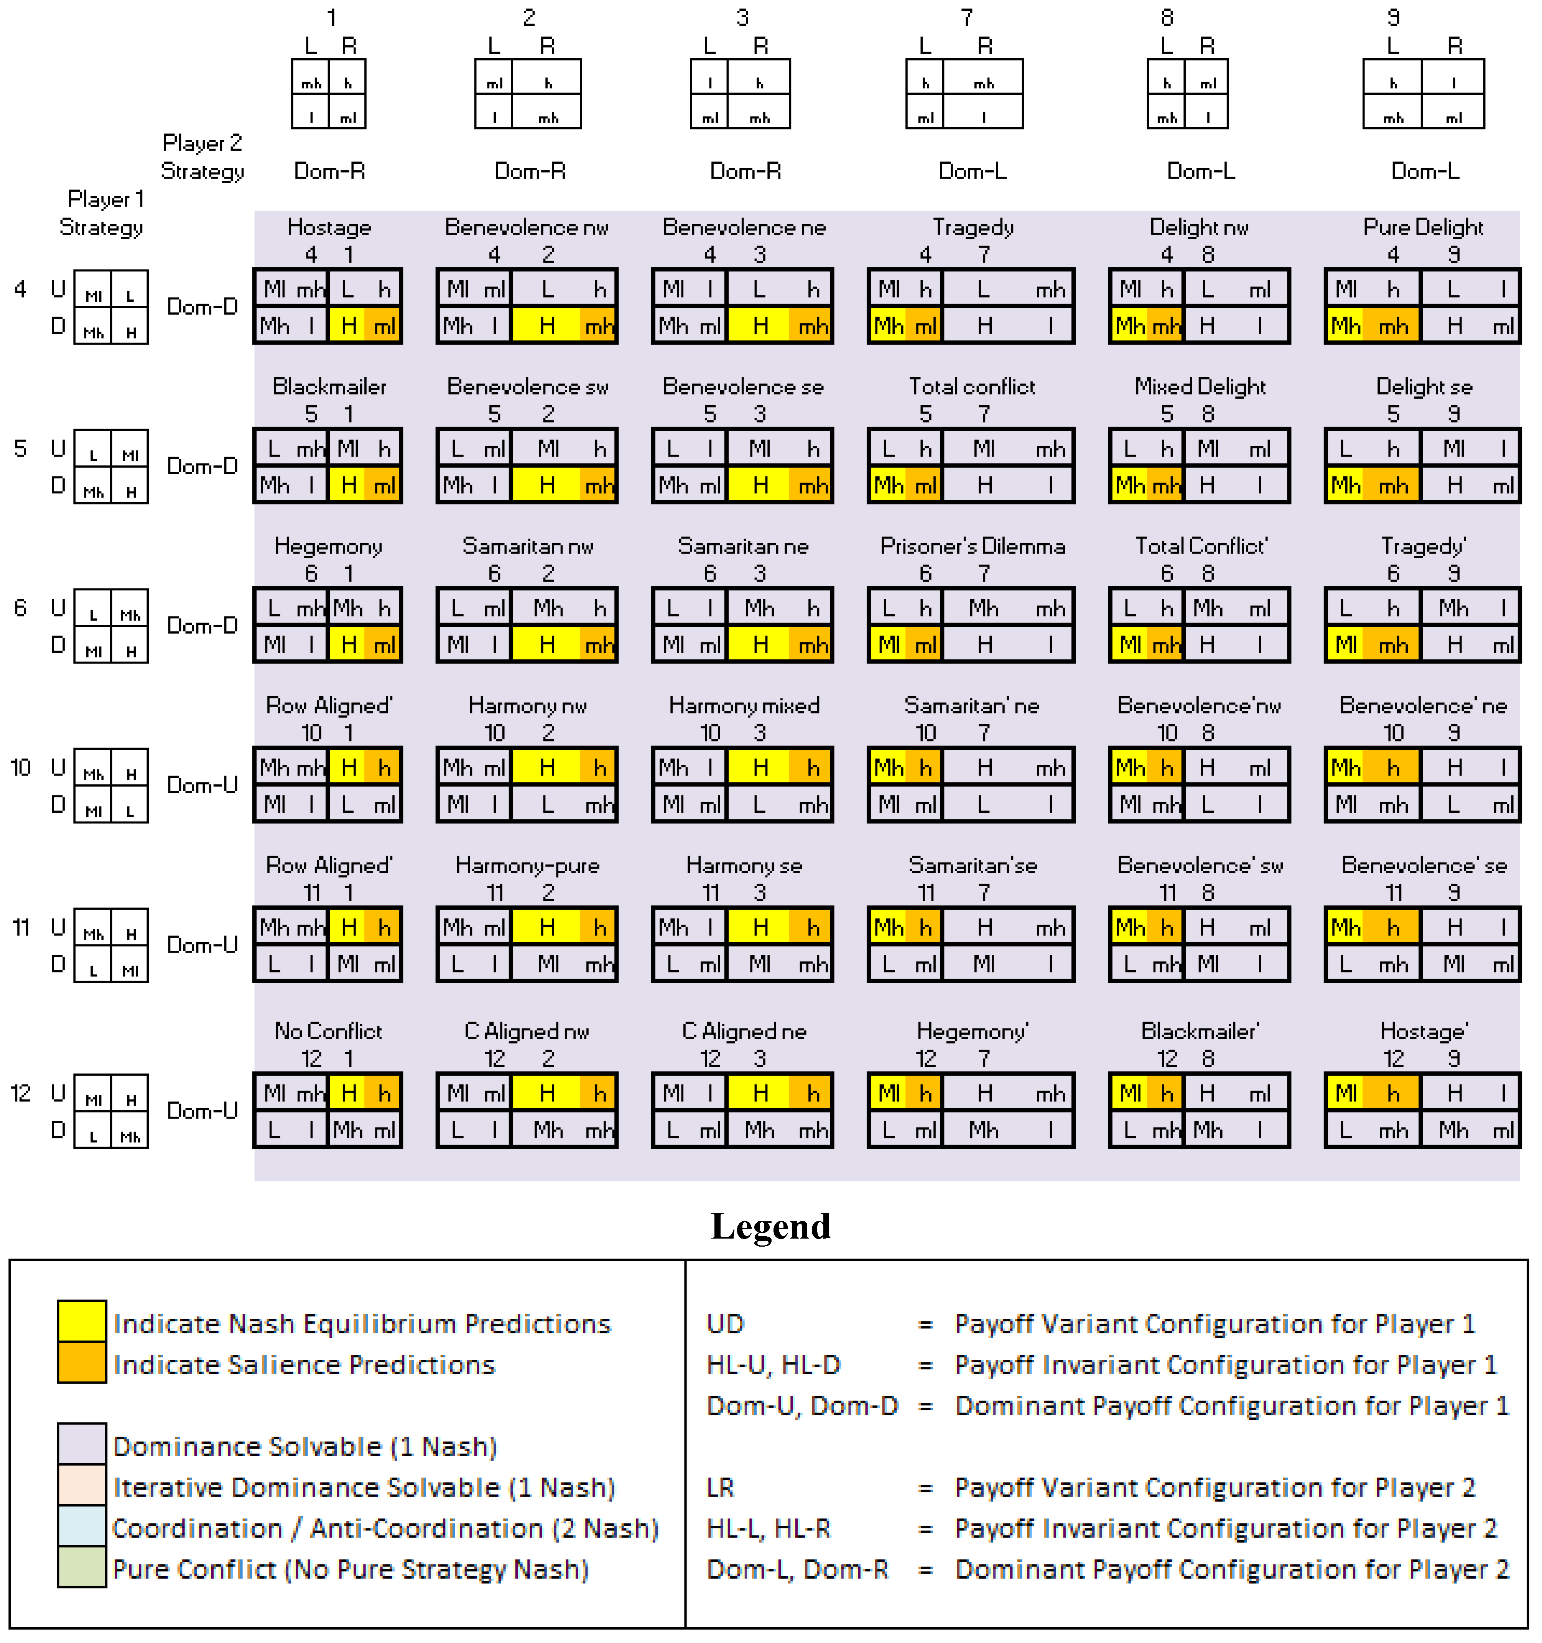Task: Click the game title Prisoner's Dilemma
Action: click(972, 546)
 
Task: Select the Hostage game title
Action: click(329, 227)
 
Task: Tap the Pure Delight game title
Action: click(1423, 227)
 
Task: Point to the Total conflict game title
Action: click(972, 387)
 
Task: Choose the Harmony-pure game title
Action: click(528, 865)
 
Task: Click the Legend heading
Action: click(770, 1226)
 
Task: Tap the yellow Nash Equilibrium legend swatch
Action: click(82, 1322)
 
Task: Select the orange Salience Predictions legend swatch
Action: click(82, 1364)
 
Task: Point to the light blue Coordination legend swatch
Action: click(82, 1527)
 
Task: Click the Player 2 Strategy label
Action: click(202, 157)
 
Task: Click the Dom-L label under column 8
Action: click(1201, 171)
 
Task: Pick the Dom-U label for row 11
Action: click(202, 945)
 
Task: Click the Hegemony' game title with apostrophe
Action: click(972, 1032)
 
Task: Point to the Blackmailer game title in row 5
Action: click(329, 387)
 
